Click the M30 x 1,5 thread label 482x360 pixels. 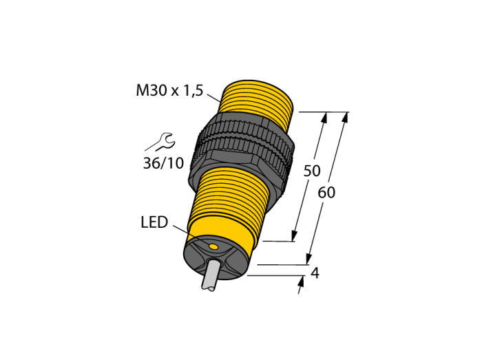[169, 90]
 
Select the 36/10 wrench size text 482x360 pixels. [163, 163]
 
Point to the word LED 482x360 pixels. [154, 222]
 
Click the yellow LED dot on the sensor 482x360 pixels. [213, 246]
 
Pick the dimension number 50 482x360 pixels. [312, 171]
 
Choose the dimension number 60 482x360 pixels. [326, 193]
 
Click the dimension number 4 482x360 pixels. [315, 273]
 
